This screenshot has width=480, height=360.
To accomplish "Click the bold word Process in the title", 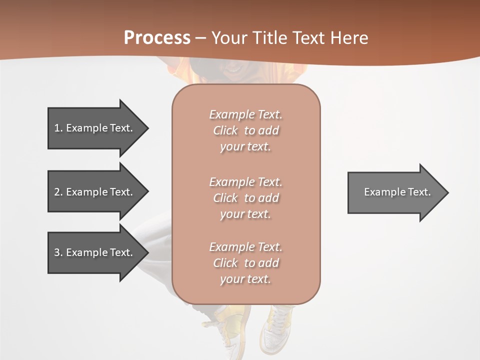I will tap(157, 38).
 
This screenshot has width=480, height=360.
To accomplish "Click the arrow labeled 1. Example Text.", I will tap(95, 128).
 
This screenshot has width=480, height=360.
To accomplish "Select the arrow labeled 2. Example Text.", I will tap(95, 192).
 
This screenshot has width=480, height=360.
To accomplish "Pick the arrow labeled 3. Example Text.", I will tap(95, 252).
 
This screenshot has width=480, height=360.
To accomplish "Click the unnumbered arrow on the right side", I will tap(395, 192).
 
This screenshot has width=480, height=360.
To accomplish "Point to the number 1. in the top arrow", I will tap(58, 128).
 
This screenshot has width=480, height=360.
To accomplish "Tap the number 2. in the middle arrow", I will tap(58, 192).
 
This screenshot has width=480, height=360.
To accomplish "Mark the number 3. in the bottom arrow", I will tap(58, 252).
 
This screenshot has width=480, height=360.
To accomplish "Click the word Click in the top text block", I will tap(225, 130).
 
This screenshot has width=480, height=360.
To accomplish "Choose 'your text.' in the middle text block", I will tap(245, 214).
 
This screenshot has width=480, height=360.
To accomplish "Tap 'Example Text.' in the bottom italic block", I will tap(245, 247).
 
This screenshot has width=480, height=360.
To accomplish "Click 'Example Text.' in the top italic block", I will tap(245, 114).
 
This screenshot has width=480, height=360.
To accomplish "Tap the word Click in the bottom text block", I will tap(225, 263).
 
